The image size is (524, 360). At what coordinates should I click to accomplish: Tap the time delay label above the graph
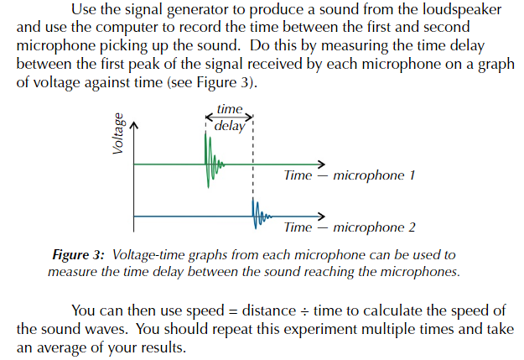(x=230, y=118)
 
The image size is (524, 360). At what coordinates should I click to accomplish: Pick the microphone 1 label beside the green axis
(x=374, y=176)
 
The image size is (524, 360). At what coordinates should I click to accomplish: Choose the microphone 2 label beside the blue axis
(x=374, y=227)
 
